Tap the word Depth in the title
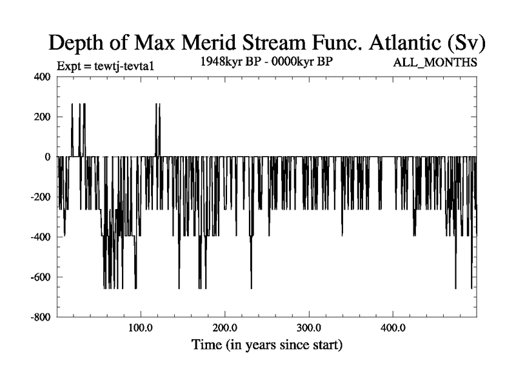(77, 43)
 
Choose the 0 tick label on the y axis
(47, 157)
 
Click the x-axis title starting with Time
(267, 345)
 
